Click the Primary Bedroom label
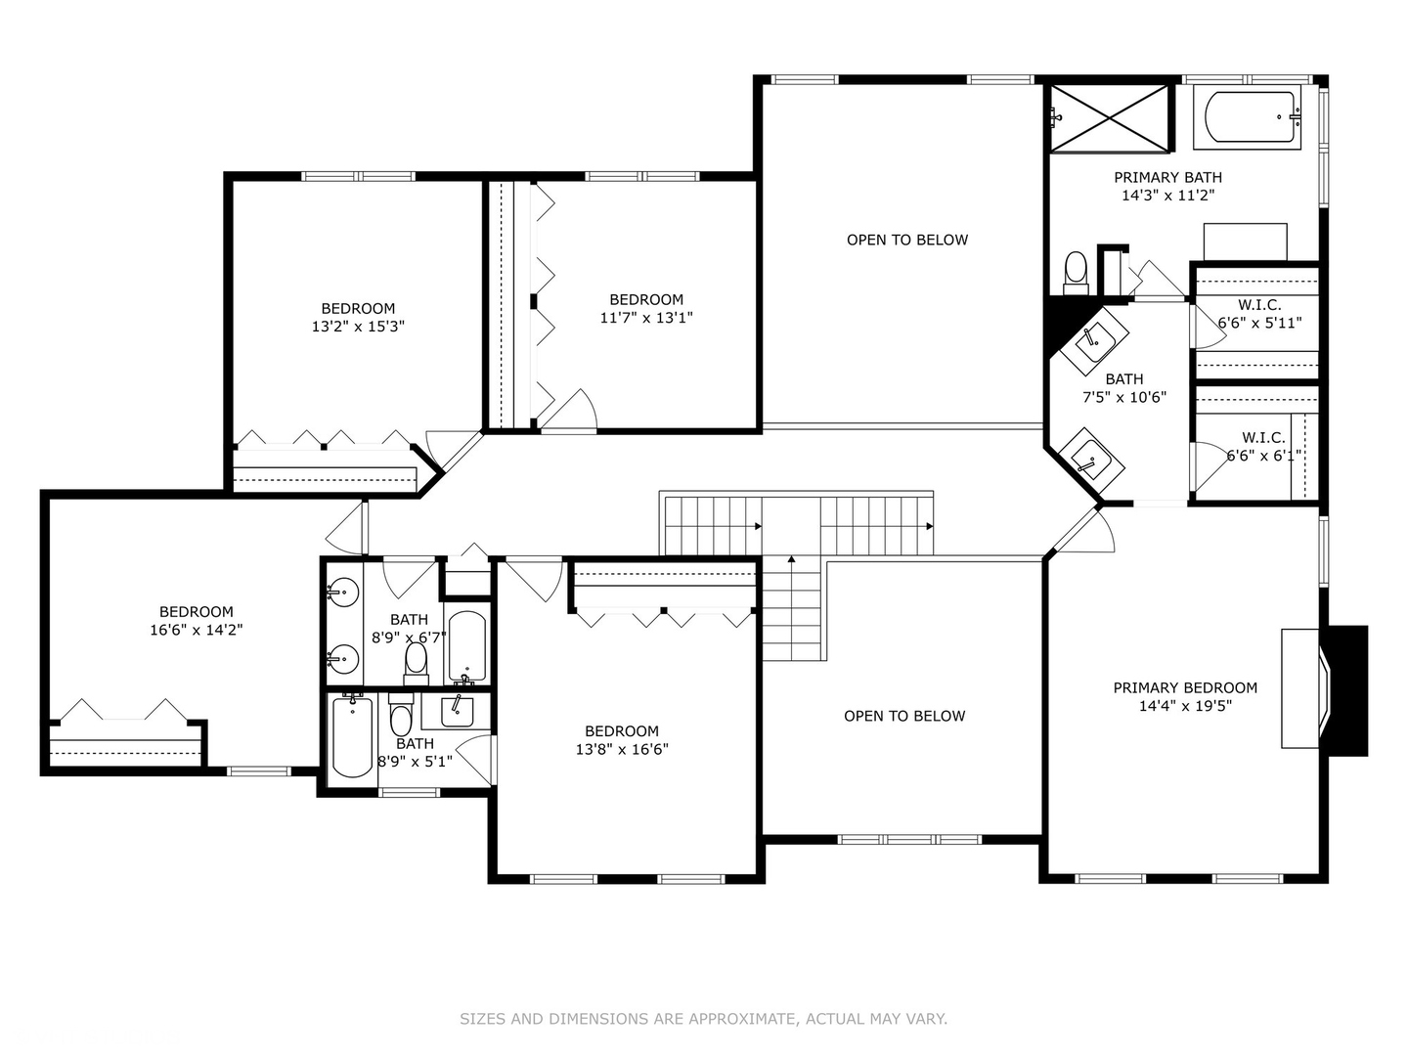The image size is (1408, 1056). (1185, 687)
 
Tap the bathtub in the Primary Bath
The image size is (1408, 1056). (1253, 119)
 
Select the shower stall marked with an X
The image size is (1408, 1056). (1110, 118)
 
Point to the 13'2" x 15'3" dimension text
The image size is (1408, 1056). (358, 327)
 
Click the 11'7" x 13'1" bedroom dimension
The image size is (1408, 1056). (646, 318)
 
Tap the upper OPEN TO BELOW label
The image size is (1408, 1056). (906, 240)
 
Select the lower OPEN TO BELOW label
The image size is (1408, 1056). (903, 716)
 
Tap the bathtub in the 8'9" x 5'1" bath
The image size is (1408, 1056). (352, 735)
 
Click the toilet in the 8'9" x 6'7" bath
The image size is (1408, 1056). (417, 662)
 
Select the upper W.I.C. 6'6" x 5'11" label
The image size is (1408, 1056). (1259, 314)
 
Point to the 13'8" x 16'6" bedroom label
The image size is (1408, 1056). (622, 740)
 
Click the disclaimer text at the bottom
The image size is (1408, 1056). (703, 1019)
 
